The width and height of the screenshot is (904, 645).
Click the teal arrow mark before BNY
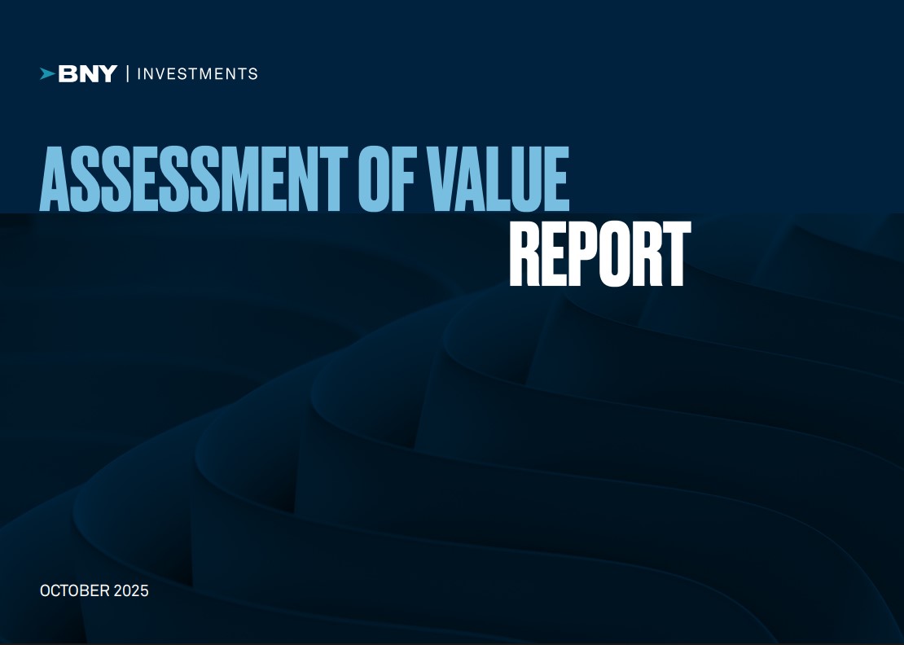point(47,74)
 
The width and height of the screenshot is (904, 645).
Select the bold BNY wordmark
point(88,74)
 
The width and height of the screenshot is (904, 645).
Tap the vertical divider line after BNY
point(127,74)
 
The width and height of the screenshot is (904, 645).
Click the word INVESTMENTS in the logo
point(197,74)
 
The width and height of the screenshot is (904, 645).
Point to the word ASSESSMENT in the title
point(194,178)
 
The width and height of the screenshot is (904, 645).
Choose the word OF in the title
point(386,178)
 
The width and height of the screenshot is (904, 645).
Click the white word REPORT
point(600,254)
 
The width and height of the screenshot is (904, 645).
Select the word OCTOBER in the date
point(75,590)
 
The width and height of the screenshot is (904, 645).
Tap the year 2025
point(131,590)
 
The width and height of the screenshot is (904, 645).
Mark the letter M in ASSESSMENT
point(244,178)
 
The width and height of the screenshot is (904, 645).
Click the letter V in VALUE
point(439,178)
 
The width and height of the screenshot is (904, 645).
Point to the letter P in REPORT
point(577,254)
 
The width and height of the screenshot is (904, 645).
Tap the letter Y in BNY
point(108,74)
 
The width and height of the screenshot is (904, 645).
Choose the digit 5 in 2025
point(144,590)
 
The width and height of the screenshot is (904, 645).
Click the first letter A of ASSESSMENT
point(55,178)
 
